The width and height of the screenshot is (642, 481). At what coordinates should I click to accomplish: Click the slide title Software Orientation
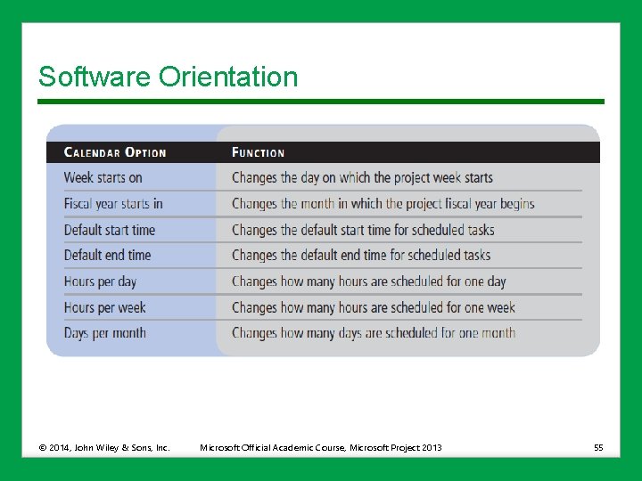[x=168, y=77]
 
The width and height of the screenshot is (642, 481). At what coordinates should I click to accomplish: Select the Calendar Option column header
[x=115, y=152]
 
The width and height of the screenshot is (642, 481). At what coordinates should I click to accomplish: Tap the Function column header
[x=258, y=152]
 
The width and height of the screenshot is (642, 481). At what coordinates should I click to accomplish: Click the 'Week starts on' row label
[x=103, y=177]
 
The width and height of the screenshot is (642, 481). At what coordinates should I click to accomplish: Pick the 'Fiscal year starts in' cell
[x=113, y=203]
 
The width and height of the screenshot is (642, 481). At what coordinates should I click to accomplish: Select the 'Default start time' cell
[x=109, y=230]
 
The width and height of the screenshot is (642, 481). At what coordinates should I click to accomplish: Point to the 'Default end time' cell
[x=107, y=255]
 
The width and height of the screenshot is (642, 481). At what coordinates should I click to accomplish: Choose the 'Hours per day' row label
[x=100, y=281]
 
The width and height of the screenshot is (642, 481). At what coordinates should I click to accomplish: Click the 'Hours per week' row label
[x=104, y=307]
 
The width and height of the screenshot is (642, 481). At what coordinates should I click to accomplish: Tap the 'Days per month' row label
[x=104, y=333]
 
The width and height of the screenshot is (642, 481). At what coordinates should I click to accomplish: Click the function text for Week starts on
[x=362, y=177]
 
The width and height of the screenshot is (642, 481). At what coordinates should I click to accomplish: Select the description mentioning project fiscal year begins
[x=383, y=203]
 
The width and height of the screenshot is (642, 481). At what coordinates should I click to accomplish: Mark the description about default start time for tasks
[x=363, y=230]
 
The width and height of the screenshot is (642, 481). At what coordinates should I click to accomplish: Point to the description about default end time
[x=361, y=255]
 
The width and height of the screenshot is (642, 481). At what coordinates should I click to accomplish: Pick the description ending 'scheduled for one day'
[x=368, y=281]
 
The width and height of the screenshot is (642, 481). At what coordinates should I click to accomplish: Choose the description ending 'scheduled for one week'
[x=374, y=307]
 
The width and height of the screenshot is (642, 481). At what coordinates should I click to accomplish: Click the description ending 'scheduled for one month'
[x=374, y=333]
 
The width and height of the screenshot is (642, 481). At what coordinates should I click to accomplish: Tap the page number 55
[x=598, y=447]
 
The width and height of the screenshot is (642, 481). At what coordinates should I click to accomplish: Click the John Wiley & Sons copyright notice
[x=103, y=447]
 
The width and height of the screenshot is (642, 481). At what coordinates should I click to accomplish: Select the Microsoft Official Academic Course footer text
[x=320, y=447]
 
